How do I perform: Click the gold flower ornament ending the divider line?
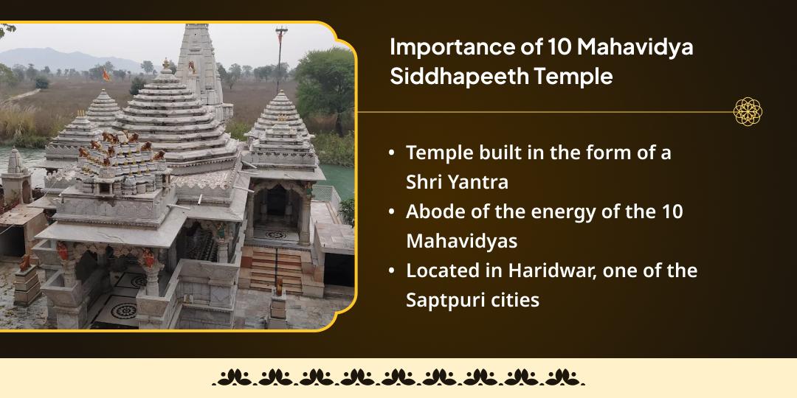[x=748, y=112]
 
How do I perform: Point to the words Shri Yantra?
[x=457, y=183]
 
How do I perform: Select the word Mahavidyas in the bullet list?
[x=461, y=242]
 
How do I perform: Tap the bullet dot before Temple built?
[x=391, y=153]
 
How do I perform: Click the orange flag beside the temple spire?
[x=106, y=75]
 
